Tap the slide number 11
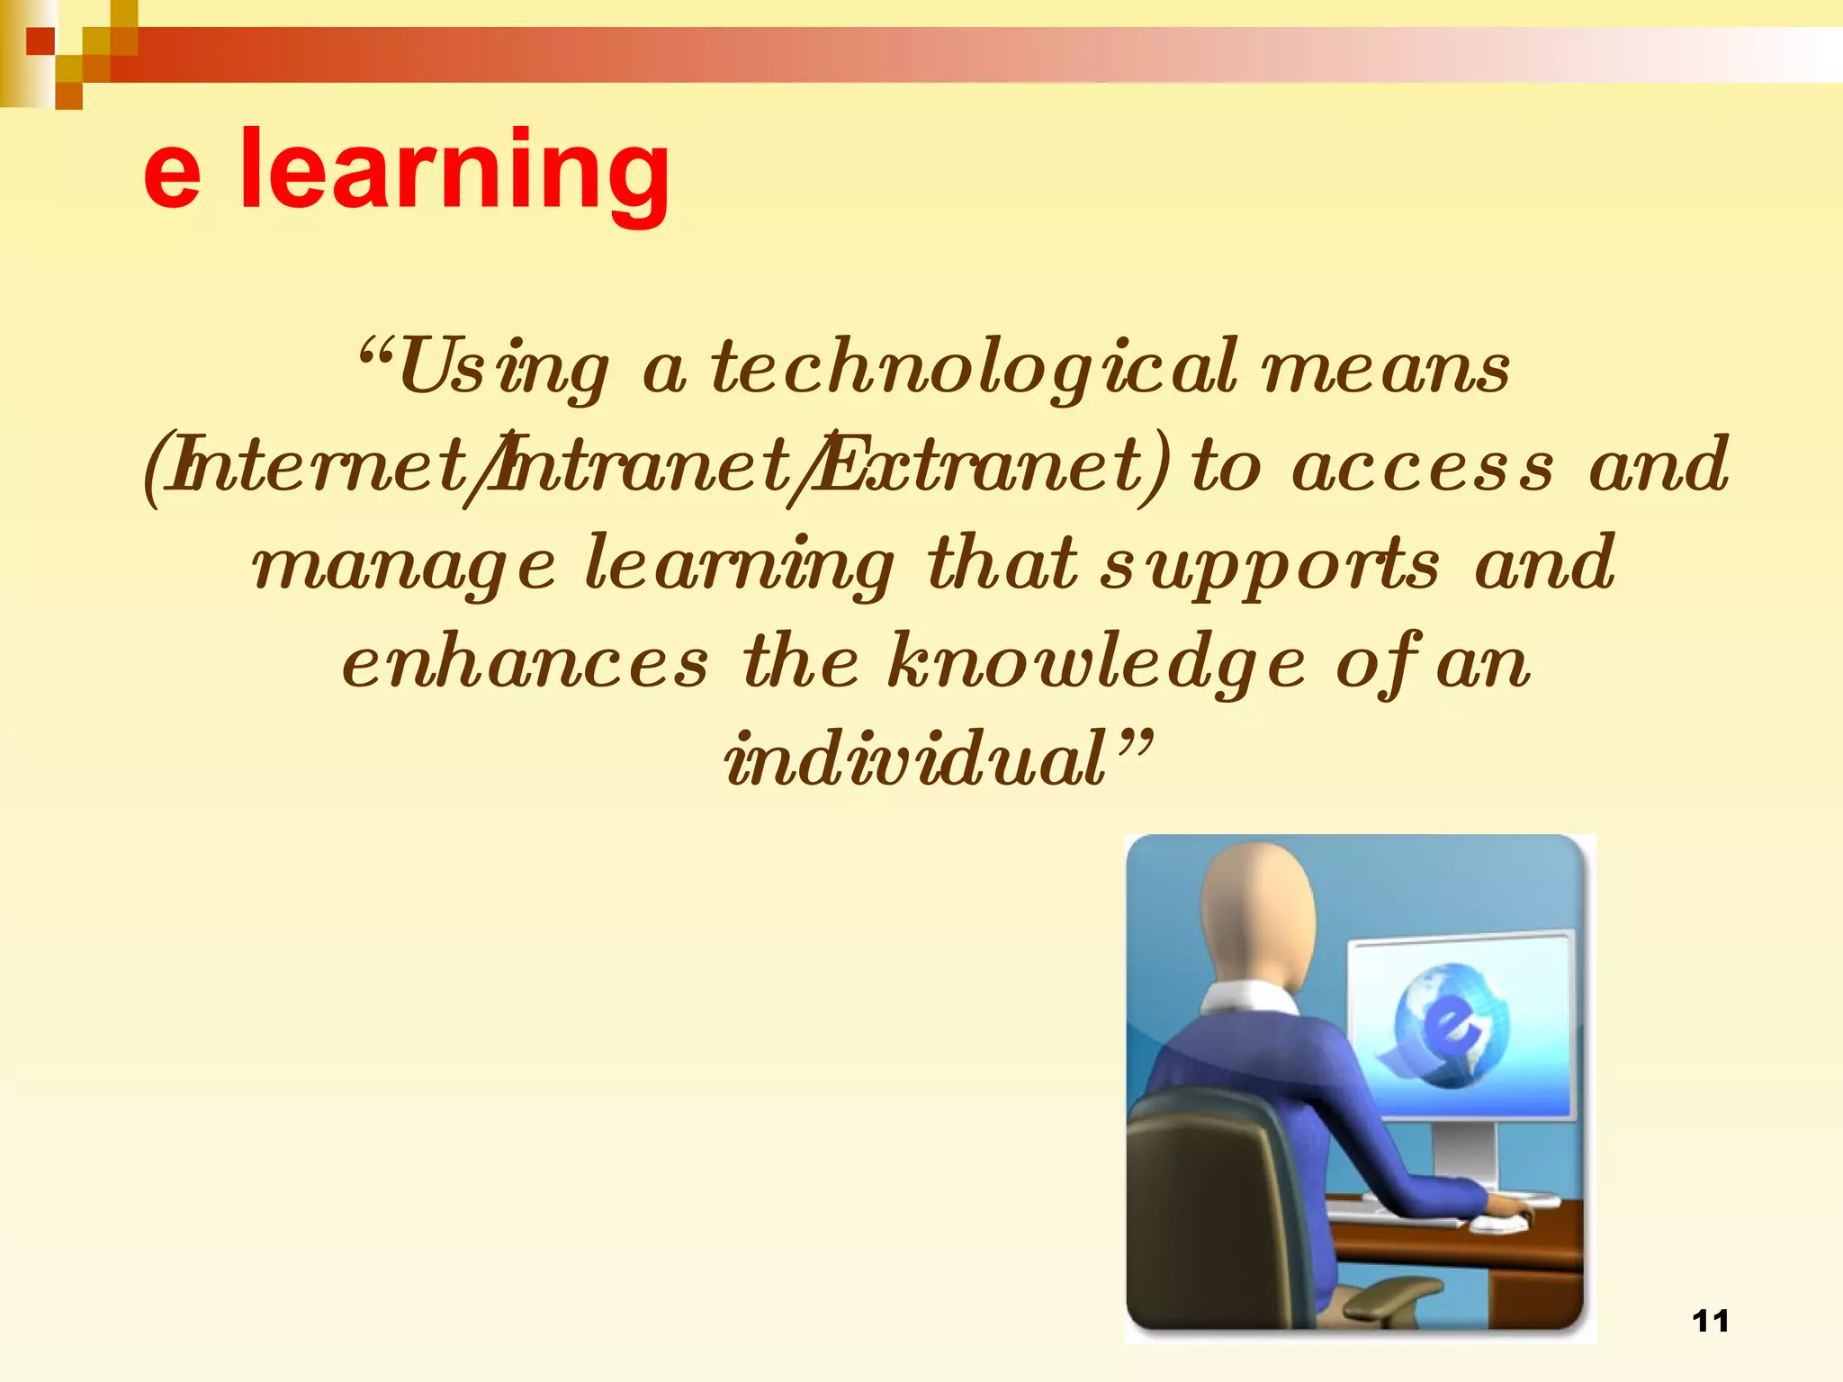click(x=1710, y=1321)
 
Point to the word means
click(x=1386, y=370)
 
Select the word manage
click(x=404, y=566)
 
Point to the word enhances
click(x=526, y=663)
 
